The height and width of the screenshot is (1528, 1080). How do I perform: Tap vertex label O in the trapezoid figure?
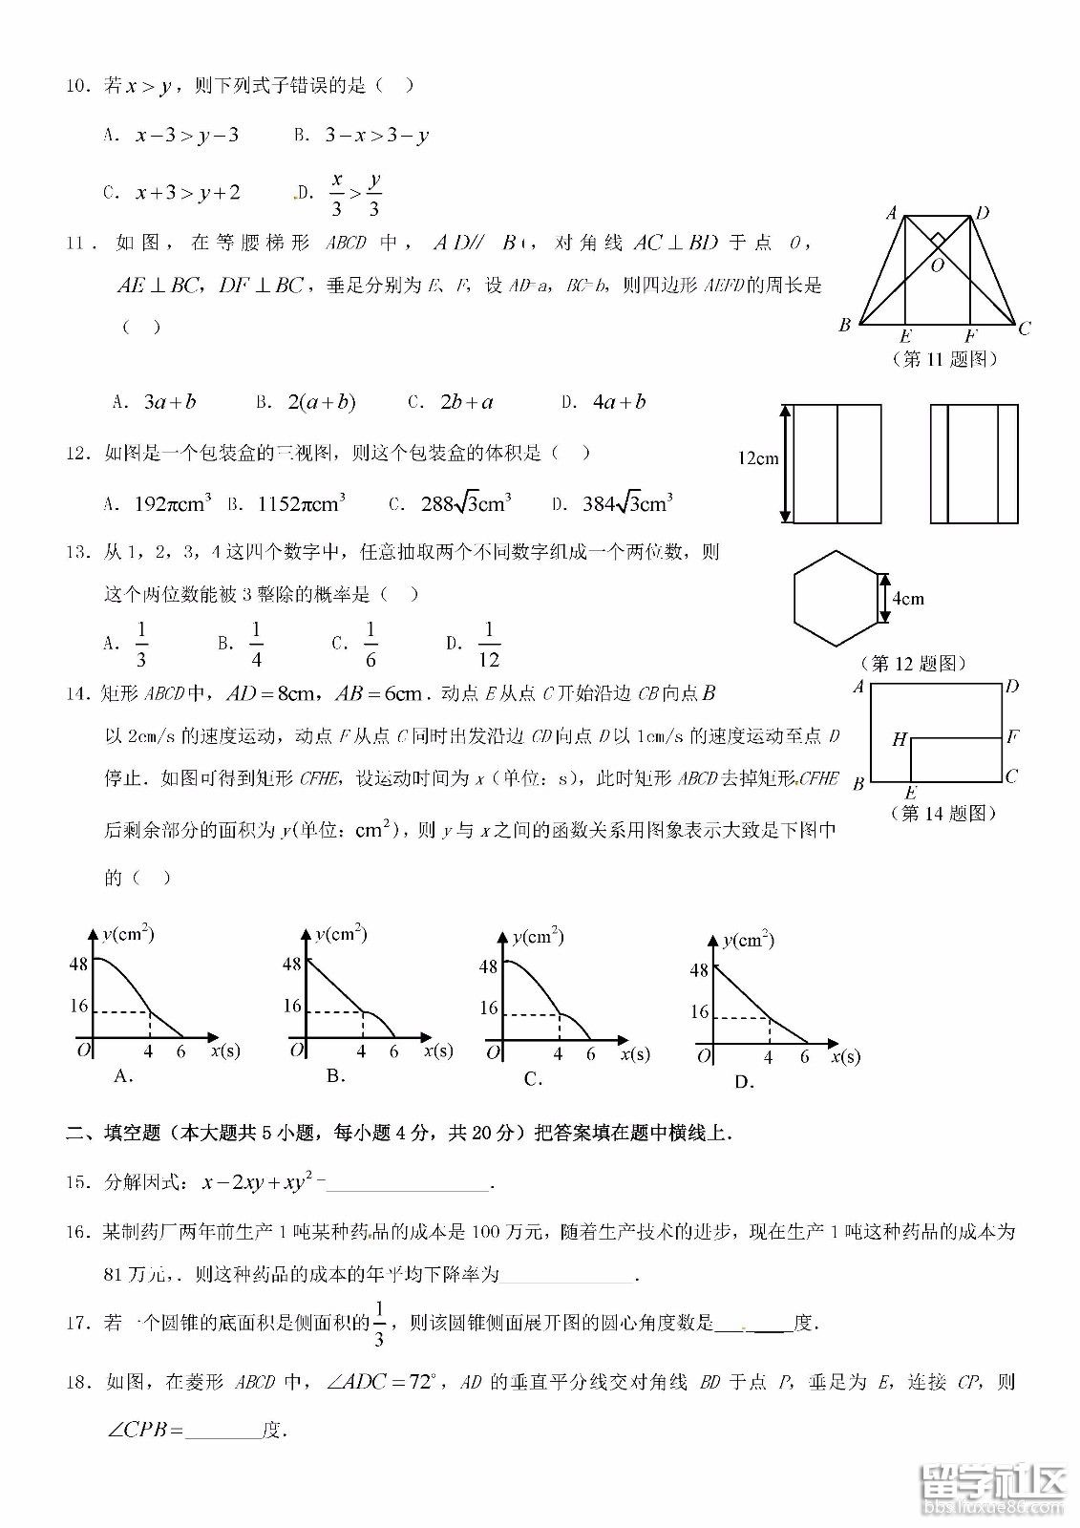(937, 265)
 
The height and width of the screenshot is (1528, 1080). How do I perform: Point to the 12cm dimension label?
(758, 458)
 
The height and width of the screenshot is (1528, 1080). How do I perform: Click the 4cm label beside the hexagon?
(907, 599)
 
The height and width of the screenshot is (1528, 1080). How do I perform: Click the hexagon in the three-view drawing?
(836, 599)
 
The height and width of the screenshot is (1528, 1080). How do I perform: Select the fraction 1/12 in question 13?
(488, 645)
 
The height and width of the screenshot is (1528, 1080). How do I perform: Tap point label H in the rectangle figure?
(899, 739)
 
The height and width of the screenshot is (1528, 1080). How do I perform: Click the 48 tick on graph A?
(78, 964)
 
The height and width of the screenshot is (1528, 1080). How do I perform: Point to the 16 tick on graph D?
(699, 1012)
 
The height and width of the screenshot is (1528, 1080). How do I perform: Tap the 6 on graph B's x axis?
(393, 1051)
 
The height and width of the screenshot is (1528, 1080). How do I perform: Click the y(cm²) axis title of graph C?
(538, 937)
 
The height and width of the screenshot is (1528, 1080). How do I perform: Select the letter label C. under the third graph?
(533, 1079)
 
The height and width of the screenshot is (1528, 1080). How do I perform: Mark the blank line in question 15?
(409, 1185)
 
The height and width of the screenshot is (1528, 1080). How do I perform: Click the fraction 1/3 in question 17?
(379, 1324)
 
